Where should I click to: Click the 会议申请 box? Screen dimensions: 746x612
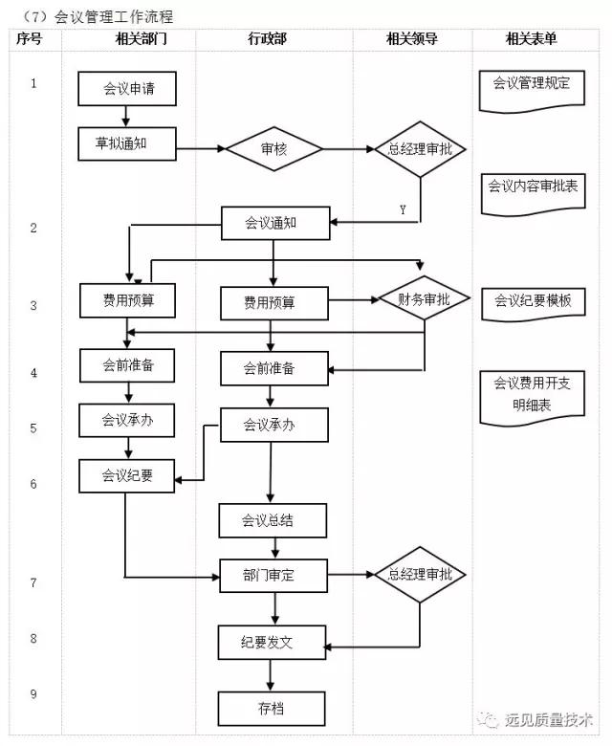click(x=128, y=90)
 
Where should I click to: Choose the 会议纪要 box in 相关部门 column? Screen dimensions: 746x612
click(x=128, y=474)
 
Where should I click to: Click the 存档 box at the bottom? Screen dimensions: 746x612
click(x=273, y=709)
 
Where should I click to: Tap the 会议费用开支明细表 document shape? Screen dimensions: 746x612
click(x=532, y=394)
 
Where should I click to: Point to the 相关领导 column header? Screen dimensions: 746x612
click(x=412, y=39)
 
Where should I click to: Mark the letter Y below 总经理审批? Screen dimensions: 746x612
click(x=402, y=209)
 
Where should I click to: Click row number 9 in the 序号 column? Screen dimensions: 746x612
click(x=33, y=693)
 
